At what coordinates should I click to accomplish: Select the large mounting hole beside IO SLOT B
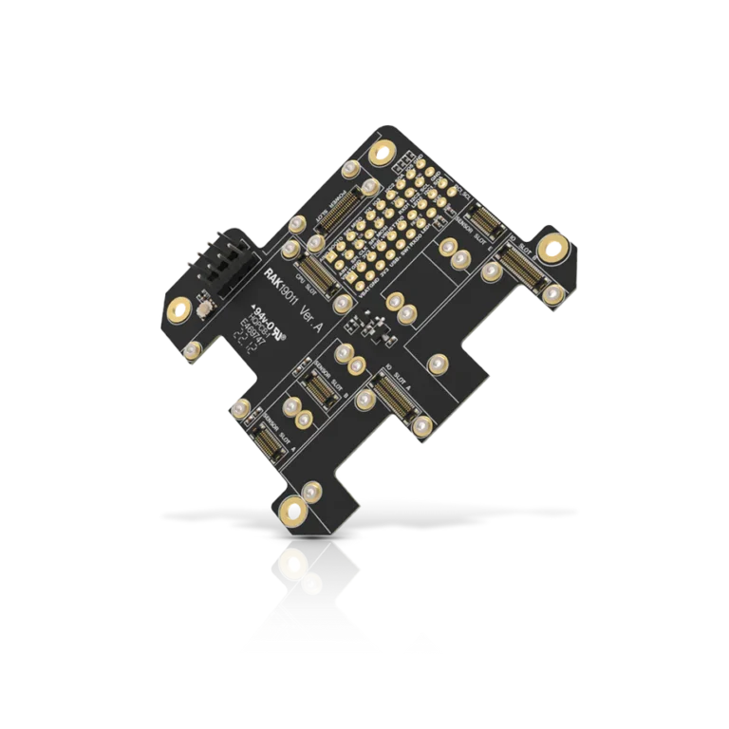coord(551,250)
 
